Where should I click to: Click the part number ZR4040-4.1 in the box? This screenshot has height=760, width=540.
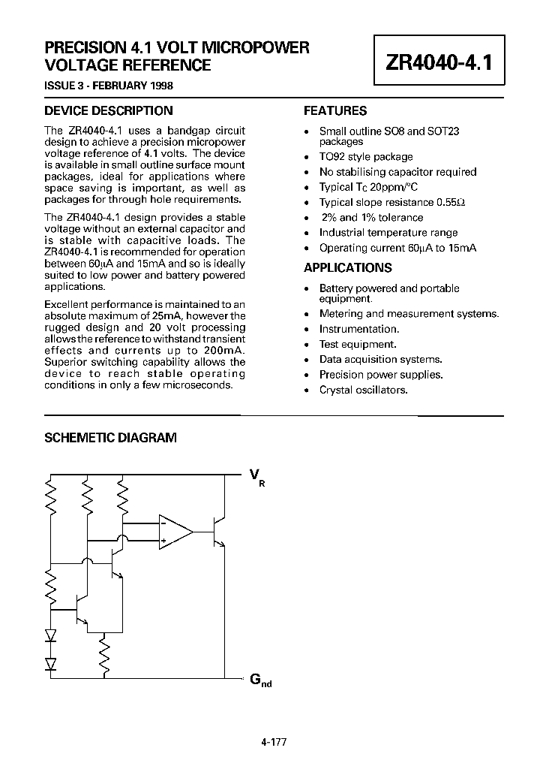click(x=439, y=62)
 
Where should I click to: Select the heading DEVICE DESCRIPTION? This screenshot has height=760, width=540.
click(x=108, y=110)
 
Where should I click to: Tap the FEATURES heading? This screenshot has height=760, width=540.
click(x=334, y=110)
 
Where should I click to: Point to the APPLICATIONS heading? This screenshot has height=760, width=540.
click(x=347, y=267)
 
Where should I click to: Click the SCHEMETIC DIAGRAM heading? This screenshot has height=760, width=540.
click(x=110, y=438)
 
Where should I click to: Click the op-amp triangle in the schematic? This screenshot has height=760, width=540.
click(x=175, y=531)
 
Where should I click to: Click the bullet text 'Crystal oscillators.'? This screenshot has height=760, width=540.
click(x=363, y=390)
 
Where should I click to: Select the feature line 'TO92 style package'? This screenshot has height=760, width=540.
click(x=366, y=157)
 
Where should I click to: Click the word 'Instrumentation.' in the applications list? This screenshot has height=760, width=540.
click(x=358, y=329)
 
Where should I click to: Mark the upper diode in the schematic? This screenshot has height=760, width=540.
click(x=51, y=635)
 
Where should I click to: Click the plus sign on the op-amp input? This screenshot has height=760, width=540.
click(x=163, y=541)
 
